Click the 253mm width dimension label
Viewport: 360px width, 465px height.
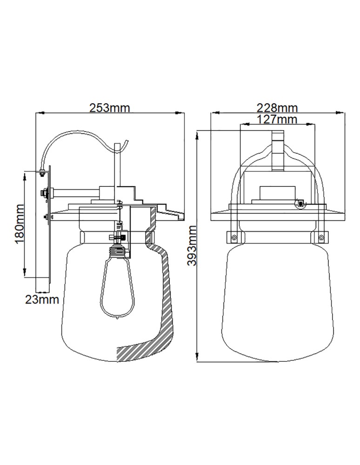click(110, 108)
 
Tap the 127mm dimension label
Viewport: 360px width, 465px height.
click(277, 120)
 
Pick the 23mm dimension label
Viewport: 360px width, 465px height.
click(42, 299)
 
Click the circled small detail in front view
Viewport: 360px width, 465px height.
click(300, 203)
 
